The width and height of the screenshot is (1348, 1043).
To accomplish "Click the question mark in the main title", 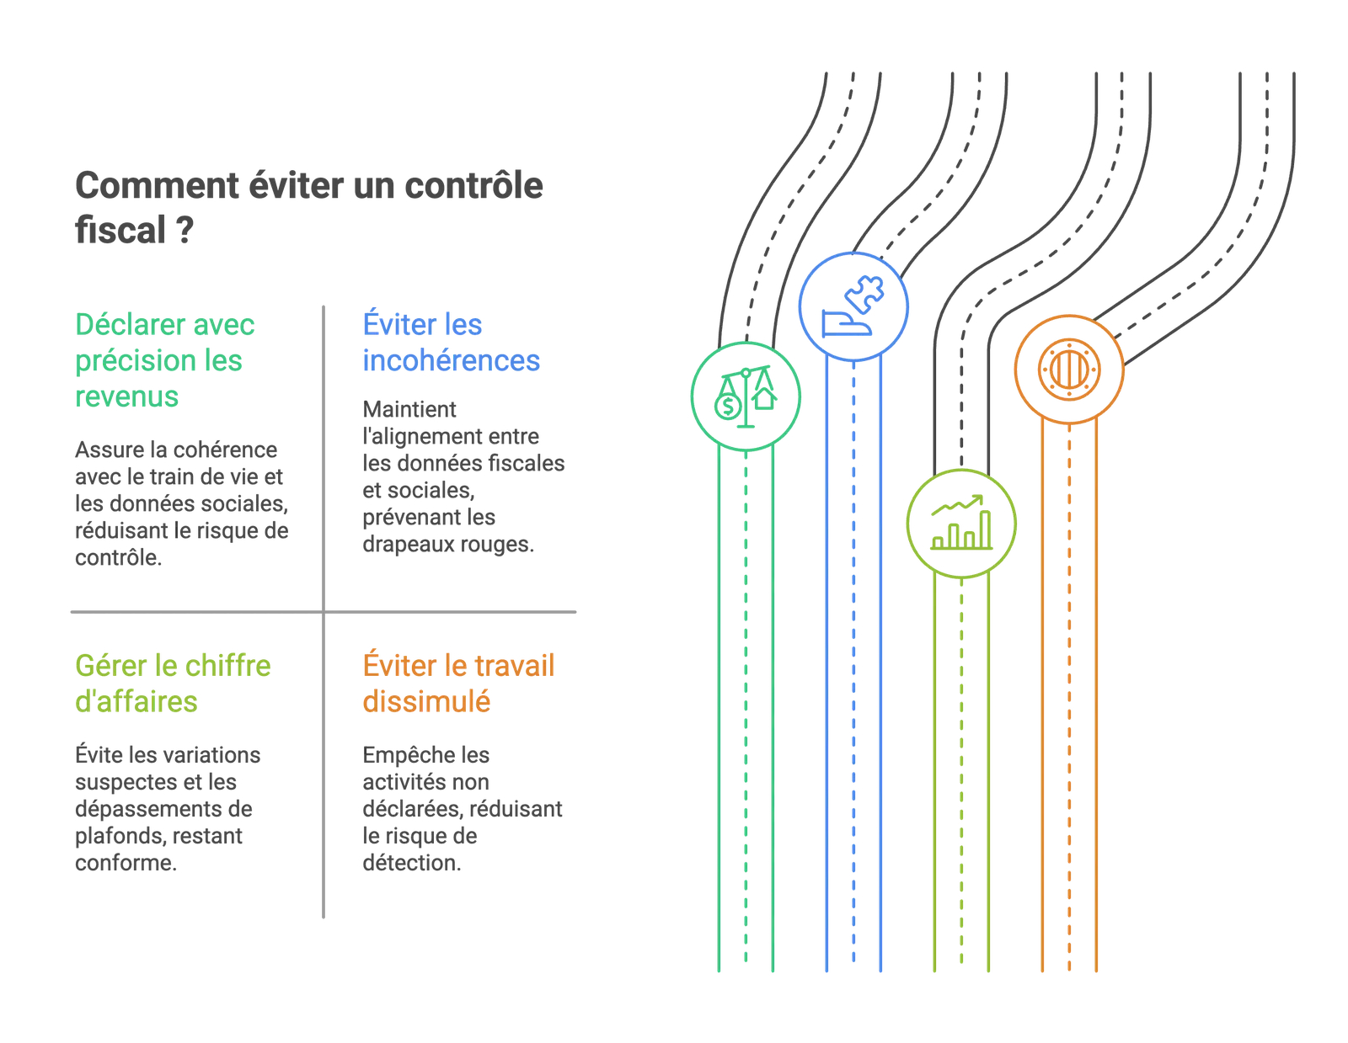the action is pos(185,230).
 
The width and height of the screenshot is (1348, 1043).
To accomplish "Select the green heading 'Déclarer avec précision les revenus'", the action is pos(164,360).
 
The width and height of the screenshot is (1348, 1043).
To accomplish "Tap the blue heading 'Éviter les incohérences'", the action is pos(451,342).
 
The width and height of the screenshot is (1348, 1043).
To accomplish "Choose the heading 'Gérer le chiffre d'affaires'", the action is pos(173,684).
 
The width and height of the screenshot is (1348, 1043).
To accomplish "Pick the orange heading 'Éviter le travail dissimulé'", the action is pos(457,684).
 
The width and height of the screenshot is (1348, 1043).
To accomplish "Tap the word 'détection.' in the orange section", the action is pos(412,863).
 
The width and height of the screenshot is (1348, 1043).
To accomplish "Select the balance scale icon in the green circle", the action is pos(746,396).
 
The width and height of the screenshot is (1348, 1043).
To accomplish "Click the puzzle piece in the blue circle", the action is pos(864,293).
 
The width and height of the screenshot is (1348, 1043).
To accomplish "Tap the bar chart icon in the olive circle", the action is pos(961,523).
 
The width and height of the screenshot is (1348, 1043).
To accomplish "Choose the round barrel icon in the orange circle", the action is pos(1068,370).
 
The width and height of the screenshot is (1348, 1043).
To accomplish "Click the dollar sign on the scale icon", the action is pos(728,407).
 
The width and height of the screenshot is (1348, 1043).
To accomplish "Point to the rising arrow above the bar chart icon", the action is pos(957,505).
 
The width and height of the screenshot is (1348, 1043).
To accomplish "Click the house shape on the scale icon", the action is pos(765,398).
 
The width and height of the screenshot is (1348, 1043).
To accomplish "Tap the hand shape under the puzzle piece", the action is pos(846,323).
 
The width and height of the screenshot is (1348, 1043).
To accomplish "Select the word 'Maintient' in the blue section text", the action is pos(409,409).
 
